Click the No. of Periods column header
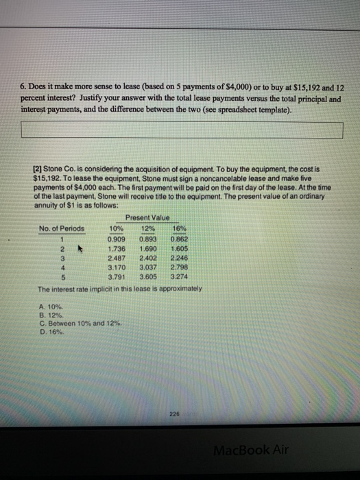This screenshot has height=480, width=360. tap(62, 228)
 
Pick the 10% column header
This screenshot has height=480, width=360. tap(117, 228)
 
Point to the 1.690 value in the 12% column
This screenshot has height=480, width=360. tap(147, 248)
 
